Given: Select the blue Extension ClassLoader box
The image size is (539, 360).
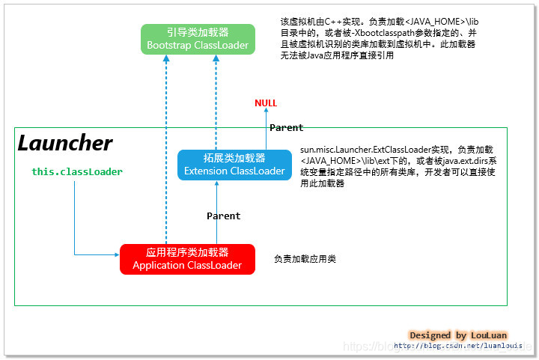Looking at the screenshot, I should (234, 165).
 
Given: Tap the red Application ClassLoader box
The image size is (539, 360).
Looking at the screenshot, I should (187, 259).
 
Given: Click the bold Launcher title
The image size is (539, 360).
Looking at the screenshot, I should (65, 144).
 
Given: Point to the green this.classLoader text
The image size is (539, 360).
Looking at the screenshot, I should (76, 172).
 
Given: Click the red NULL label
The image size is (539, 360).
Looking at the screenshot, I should (265, 103).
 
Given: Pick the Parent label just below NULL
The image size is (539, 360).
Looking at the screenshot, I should (286, 128).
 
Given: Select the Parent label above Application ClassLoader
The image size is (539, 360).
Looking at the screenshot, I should (223, 216).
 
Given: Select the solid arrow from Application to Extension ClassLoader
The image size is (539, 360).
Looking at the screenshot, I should (216, 213).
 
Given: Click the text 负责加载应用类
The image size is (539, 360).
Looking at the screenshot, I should (305, 259).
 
